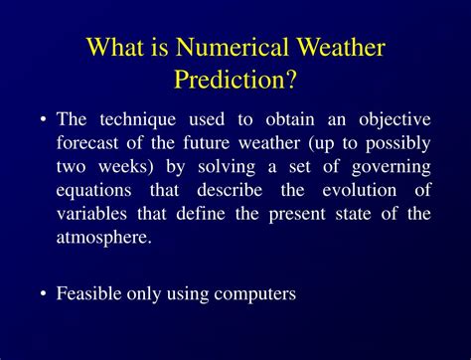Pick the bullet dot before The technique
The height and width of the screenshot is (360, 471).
coord(44,120)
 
